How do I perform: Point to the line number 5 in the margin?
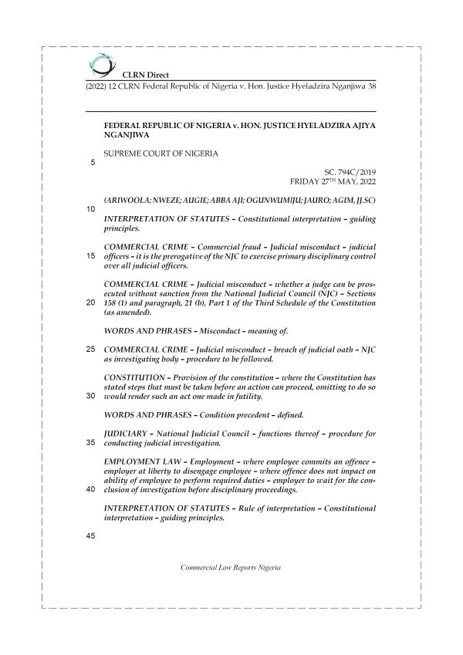coord(93,163)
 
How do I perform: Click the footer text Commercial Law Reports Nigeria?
coord(231,567)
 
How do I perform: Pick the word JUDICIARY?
coord(127,434)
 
